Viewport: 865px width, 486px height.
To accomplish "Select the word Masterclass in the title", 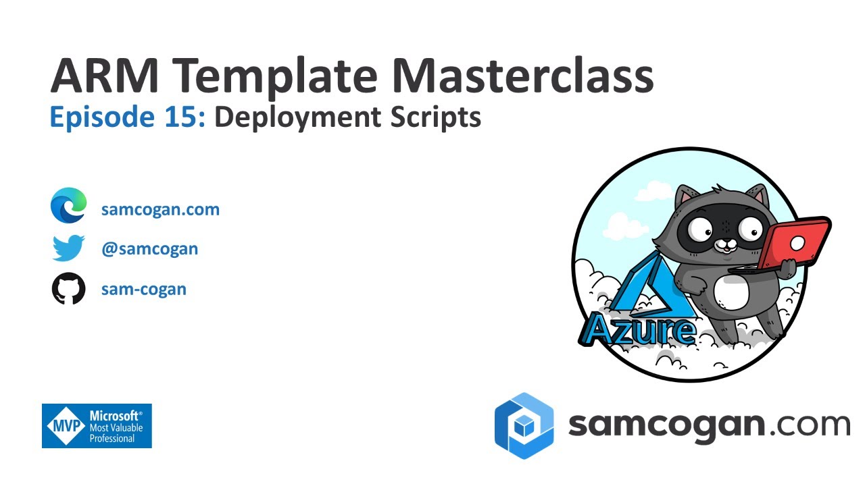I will pyautogui.click(x=522, y=76).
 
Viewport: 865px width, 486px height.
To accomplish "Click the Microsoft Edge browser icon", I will pyautogui.click(x=69, y=206).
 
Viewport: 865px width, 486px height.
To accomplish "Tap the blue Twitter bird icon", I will pyautogui.click(x=68, y=248).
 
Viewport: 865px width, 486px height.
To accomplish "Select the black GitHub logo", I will pyautogui.click(x=69, y=289).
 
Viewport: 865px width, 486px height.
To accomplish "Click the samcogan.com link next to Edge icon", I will pyautogui.click(x=160, y=209).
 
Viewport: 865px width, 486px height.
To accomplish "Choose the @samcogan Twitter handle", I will pyautogui.click(x=149, y=248).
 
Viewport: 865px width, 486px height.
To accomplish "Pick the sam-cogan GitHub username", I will pyautogui.click(x=143, y=290).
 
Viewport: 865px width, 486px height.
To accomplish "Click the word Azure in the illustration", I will pyautogui.click(x=638, y=330).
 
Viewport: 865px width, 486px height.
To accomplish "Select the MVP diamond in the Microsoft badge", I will pyautogui.click(x=66, y=426).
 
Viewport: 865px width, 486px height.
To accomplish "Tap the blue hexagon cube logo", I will pyautogui.click(x=524, y=426).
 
